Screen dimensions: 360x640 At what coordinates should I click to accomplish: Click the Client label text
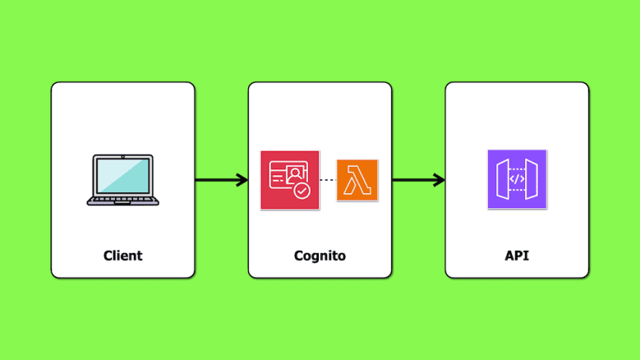click(122, 256)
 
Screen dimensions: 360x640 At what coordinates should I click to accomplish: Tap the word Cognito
click(320, 256)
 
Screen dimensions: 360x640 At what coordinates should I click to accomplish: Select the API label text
click(517, 256)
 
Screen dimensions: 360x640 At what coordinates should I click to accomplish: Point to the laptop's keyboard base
click(122, 200)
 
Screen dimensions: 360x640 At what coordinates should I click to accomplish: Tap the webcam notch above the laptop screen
click(122, 155)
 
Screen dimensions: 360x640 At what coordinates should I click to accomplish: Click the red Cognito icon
click(289, 180)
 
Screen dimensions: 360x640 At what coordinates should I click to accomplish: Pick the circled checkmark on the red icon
click(302, 191)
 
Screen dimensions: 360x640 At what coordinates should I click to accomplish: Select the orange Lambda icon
click(357, 180)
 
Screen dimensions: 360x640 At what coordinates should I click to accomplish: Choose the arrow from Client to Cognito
click(220, 180)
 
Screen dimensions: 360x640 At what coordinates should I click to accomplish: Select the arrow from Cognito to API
click(417, 180)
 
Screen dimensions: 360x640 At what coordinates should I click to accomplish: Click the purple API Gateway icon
click(517, 179)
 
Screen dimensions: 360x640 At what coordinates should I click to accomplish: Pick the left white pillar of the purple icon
click(500, 179)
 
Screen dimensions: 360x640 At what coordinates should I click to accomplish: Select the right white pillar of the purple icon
click(533, 179)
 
